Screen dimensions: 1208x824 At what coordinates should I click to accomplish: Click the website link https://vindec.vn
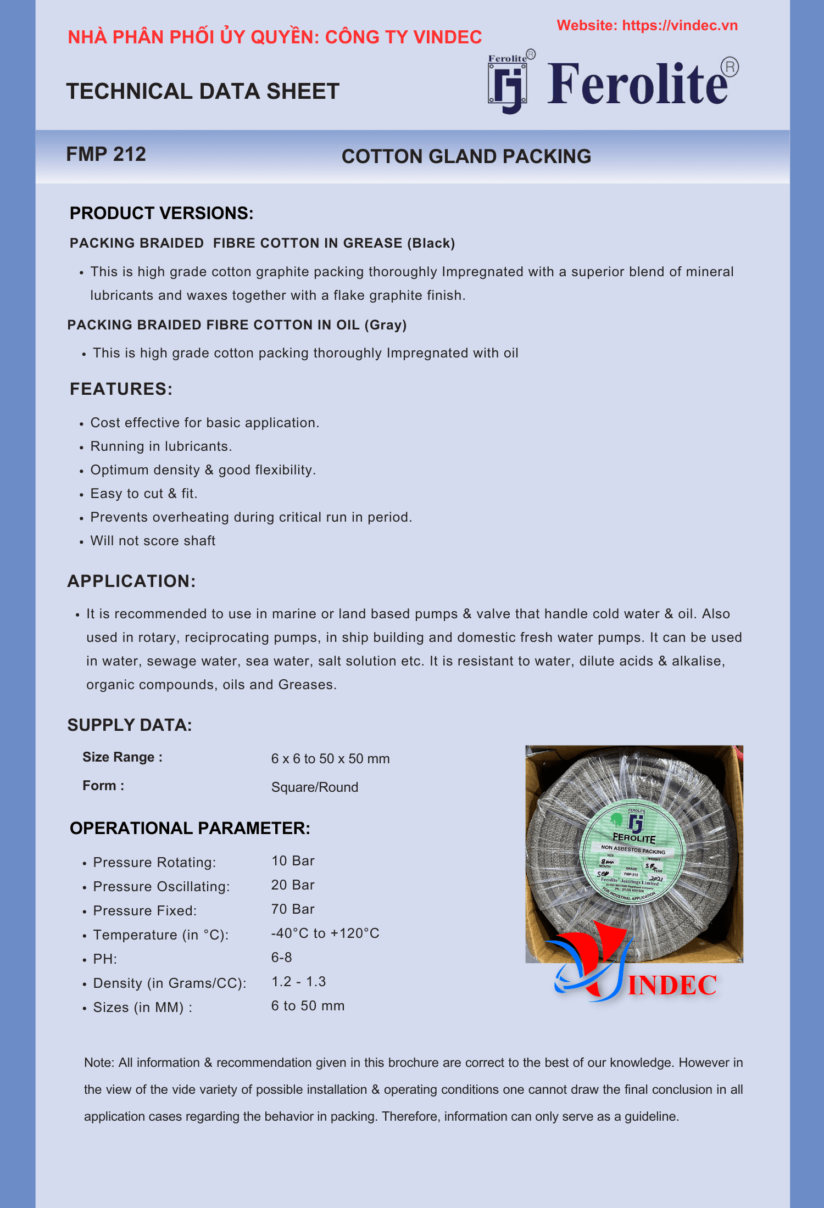pos(680,26)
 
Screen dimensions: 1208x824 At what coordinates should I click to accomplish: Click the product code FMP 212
pos(106,154)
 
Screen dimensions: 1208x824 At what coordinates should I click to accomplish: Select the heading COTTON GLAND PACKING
pos(466,156)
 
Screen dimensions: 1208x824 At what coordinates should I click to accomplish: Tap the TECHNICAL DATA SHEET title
pos(203,91)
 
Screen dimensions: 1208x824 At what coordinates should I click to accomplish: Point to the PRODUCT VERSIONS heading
pos(162,213)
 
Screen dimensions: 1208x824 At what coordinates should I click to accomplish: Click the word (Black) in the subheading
pos(431,243)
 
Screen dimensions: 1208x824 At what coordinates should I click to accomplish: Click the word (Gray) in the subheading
pos(385,325)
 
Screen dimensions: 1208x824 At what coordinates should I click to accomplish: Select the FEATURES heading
pos(121,389)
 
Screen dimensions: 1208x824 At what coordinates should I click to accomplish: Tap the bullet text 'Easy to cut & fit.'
pos(144,494)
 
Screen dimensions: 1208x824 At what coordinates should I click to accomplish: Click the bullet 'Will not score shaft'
pos(153,541)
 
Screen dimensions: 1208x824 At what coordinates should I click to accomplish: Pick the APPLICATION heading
pos(131,581)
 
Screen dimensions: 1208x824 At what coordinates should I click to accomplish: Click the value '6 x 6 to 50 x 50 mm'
pos(330,759)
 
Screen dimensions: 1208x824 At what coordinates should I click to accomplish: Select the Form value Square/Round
pos(314,787)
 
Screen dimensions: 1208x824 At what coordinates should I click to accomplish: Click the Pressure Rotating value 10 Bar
pos(292,861)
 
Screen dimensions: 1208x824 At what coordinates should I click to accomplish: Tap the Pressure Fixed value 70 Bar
pos(292,909)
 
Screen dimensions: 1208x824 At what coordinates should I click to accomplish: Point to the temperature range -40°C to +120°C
pos(325,933)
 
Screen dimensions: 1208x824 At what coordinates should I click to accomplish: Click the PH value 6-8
pos(281,958)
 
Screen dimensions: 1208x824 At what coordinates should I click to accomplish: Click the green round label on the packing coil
pos(632,852)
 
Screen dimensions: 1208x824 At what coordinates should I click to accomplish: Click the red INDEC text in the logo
pos(672,986)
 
